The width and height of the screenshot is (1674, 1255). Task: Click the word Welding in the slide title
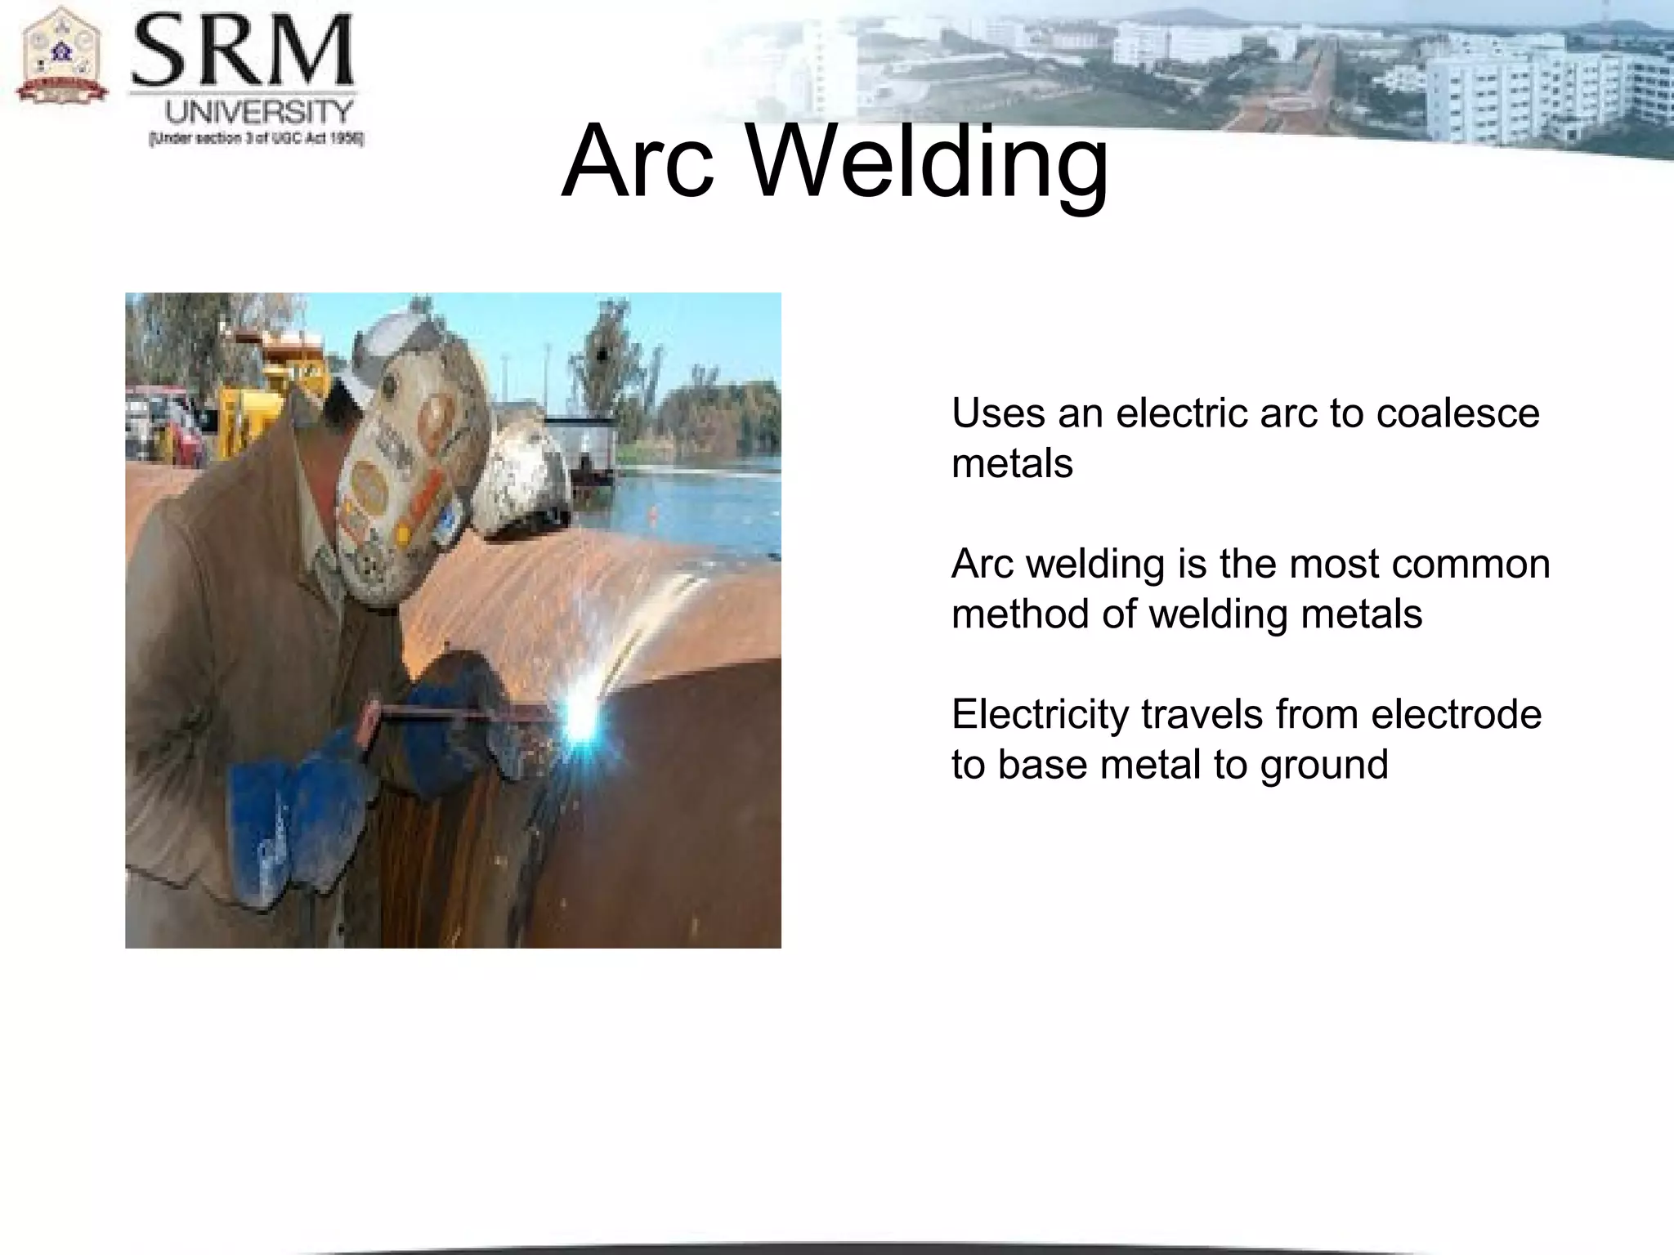[929, 161]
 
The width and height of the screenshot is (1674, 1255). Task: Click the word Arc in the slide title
[638, 161]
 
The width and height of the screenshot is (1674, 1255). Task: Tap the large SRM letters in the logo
[243, 54]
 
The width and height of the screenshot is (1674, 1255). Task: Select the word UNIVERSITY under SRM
[260, 112]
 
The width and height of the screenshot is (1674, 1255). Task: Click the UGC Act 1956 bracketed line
[256, 139]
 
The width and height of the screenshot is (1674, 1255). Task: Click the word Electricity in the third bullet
[1040, 714]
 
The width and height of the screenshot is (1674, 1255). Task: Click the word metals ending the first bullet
[1012, 464]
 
